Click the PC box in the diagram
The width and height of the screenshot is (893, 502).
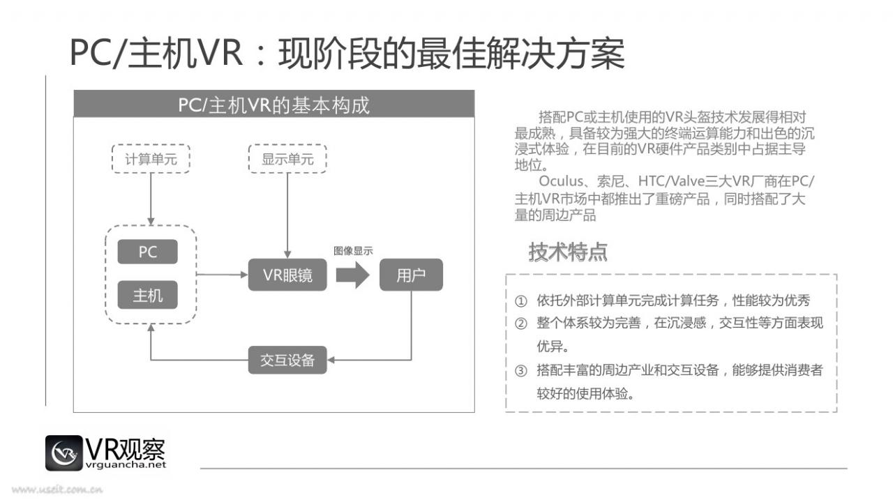pyautogui.click(x=147, y=252)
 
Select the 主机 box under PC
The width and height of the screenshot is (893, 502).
pyautogui.click(x=147, y=295)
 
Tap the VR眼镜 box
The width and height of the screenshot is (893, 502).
pyautogui.click(x=287, y=275)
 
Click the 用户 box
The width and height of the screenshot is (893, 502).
pyautogui.click(x=411, y=275)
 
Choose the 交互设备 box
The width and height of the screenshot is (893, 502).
pyautogui.click(x=287, y=360)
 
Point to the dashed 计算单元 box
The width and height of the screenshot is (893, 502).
pyautogui.click(x=151, y=158)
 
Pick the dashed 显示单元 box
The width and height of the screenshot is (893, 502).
pyautogui.click(x=287, y=158)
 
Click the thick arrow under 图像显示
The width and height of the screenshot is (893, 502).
pyautogui.click(x=352, y=275)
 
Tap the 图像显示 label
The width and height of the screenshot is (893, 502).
pyautogui.click(x=353, y=250)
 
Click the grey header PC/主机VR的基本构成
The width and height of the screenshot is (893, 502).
pyautogui.click(x=274, y=104)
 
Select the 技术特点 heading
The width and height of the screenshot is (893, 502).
pyautogui.click(x=568, y=252)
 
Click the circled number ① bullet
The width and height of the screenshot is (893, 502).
pyautogui.click(x=520, y=301)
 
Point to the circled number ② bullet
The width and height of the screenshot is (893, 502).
pyautogui.click(x=520, y=323)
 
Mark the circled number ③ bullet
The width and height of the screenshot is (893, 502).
pyautogui.click(x=520, y=371)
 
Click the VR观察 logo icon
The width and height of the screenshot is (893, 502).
pyautogui.click(x=63, y=452)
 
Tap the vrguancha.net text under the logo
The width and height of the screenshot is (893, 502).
pyautogui.click(x=126, y=465)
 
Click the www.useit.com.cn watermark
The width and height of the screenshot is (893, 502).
pyautogui.click(x=57, y=489)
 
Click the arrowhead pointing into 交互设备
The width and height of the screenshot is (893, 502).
pyautogui.click(x=331, y=360)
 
